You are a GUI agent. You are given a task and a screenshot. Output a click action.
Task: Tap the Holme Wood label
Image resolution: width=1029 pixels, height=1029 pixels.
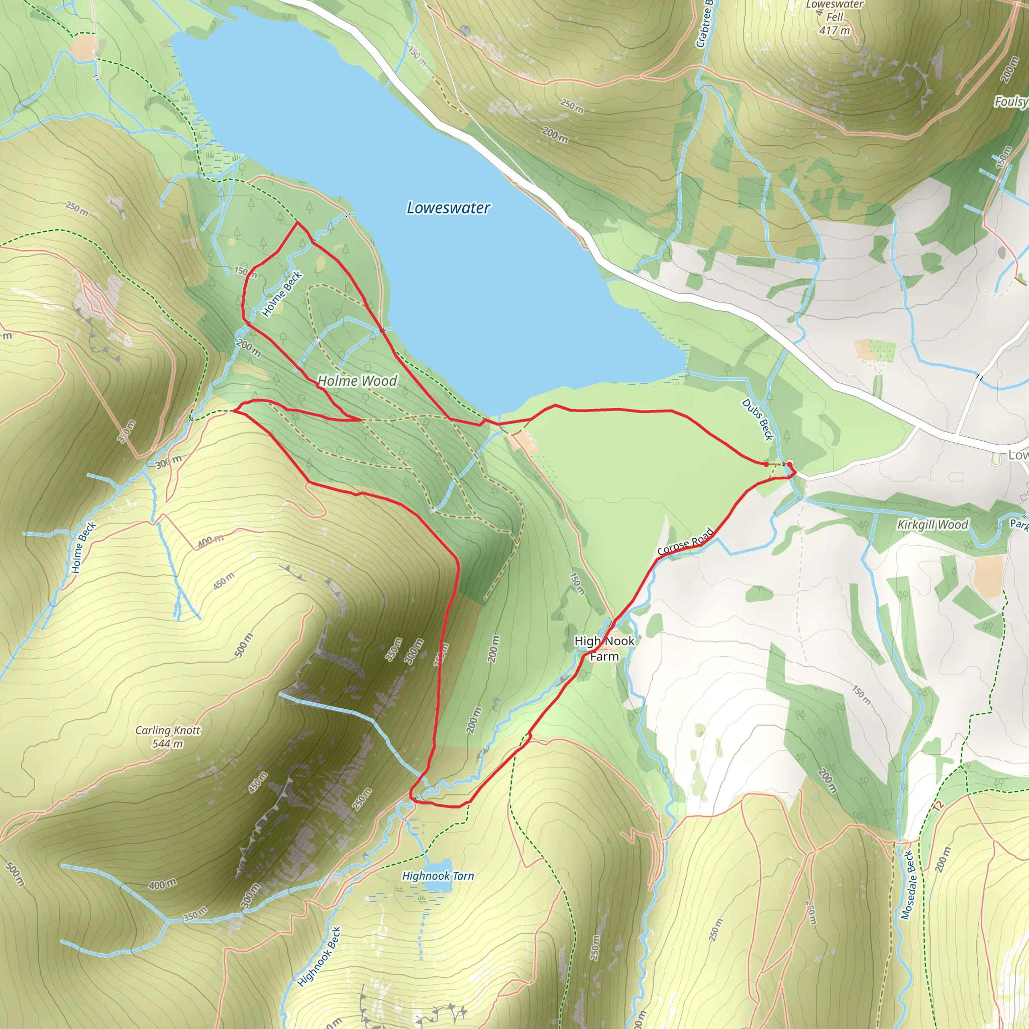357,381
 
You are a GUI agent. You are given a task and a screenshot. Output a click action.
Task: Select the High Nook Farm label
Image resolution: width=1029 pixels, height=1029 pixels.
604,648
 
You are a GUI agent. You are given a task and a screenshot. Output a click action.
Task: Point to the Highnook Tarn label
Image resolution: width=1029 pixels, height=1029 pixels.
438,876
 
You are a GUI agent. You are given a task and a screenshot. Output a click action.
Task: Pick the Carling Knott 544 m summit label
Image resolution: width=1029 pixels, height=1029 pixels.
168,737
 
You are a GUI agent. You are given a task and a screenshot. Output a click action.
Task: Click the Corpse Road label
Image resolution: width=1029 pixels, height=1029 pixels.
685,541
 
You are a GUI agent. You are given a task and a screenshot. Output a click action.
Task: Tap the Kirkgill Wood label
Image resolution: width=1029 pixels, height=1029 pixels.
932,525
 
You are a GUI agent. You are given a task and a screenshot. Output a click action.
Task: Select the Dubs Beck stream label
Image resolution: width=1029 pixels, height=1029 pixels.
757,420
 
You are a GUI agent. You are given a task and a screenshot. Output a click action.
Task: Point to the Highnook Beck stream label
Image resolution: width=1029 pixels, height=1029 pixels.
319,957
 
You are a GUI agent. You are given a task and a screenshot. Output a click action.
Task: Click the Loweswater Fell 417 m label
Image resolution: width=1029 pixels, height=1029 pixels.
835,17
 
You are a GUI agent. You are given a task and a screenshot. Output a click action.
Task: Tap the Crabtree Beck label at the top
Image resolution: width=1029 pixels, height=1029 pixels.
704,24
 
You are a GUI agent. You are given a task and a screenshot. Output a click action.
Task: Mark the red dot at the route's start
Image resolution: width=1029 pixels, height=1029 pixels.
766,464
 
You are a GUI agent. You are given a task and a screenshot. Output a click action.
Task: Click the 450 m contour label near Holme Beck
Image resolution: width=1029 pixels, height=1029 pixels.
224,581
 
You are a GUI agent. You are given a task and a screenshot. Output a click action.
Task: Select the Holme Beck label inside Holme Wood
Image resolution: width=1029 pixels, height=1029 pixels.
282,293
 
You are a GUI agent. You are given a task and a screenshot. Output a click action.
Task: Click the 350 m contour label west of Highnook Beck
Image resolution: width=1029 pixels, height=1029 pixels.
195,913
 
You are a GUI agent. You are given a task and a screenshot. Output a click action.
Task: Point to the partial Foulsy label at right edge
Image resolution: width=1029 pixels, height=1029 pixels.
1010,101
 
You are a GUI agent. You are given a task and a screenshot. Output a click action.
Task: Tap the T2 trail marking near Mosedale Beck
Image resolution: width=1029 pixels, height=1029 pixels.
938,805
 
